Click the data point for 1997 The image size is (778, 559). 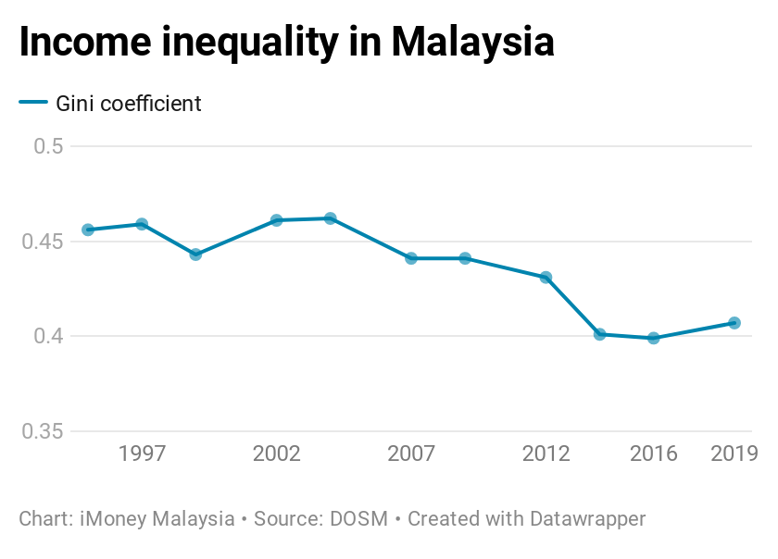click(142, 224)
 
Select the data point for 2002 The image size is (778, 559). click(276, 220)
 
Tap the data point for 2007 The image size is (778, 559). click(411, 258)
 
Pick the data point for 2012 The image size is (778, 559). click(546, 277)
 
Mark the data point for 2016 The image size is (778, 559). click(654, 338)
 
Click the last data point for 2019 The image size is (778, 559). click(734, 323)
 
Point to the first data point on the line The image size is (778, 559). click(88, 230)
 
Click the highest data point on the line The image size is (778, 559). click(330, 218)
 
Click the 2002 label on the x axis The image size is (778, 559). click(276, 453)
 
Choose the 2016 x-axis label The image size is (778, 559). click(654, 453)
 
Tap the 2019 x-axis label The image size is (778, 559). click(734, 453)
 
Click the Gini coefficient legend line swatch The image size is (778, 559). click(33, 104)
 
